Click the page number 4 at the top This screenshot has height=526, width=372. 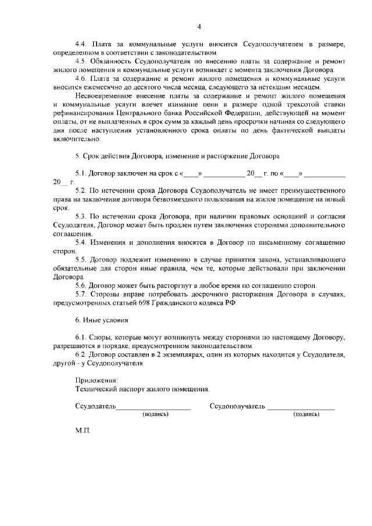(x=199, y=27)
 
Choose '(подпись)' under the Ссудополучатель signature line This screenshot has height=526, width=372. (x=306, y=414)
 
